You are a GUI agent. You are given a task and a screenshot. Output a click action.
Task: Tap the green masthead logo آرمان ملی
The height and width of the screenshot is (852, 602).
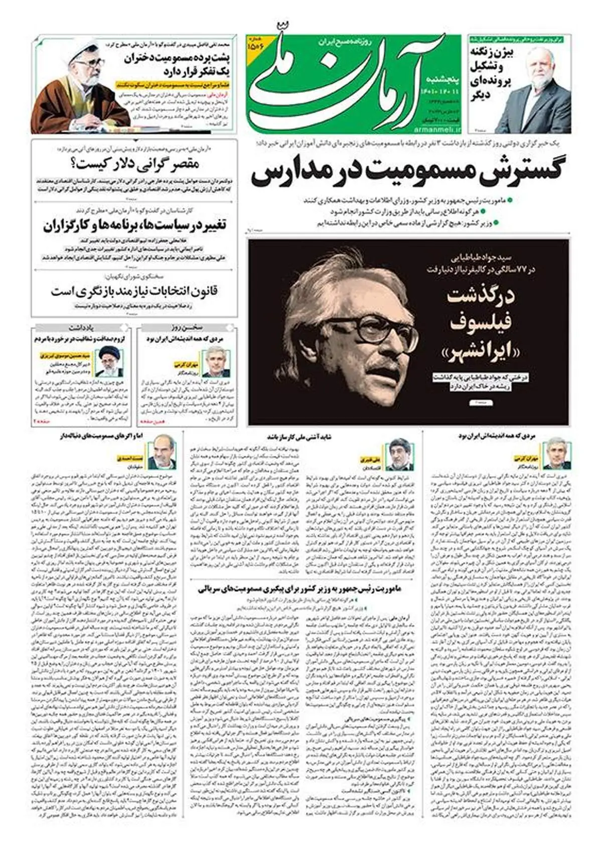[x=346, y=80]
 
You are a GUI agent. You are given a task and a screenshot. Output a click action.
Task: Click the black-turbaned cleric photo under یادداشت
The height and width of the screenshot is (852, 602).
[x=110, y=362]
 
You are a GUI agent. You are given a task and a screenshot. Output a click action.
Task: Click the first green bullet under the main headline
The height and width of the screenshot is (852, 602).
[x=510, y=200]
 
